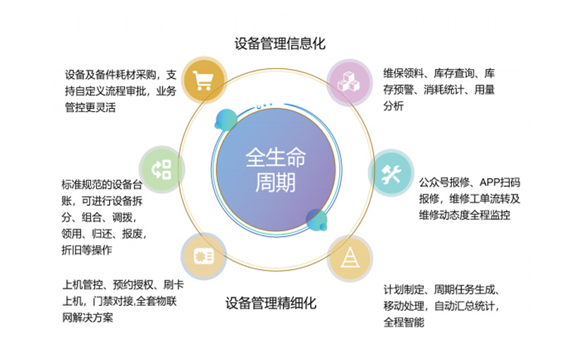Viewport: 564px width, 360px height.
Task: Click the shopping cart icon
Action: (203, 80)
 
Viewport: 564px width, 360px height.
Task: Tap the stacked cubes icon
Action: (348, 82)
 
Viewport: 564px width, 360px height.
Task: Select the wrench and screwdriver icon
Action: (391, 174)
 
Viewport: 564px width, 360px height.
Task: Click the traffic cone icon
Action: (350, 257)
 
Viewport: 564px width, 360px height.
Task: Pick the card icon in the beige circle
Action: (204, 256)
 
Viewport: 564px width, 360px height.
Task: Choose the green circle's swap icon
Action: (161, 170)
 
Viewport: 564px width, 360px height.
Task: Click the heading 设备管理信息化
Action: (280, 44)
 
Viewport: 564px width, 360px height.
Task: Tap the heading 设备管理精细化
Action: (271, 303)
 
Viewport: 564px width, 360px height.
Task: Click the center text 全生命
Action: (276, 157)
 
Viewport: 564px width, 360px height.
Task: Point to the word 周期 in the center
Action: (275, 182)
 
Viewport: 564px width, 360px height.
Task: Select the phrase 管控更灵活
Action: (90, 107)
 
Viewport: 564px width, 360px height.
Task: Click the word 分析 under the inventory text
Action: (393, 106)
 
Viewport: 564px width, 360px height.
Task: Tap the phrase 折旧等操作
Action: (87, 249)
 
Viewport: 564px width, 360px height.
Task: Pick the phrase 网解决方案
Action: (87, 318)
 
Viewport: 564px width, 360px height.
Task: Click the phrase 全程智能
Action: (403, 322)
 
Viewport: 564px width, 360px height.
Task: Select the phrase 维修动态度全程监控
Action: (465, 215)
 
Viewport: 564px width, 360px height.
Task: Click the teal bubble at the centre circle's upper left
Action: (226, 120)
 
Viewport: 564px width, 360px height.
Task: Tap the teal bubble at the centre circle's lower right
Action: (316, 220)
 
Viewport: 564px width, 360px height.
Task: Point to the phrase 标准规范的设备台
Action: (102, 185)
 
